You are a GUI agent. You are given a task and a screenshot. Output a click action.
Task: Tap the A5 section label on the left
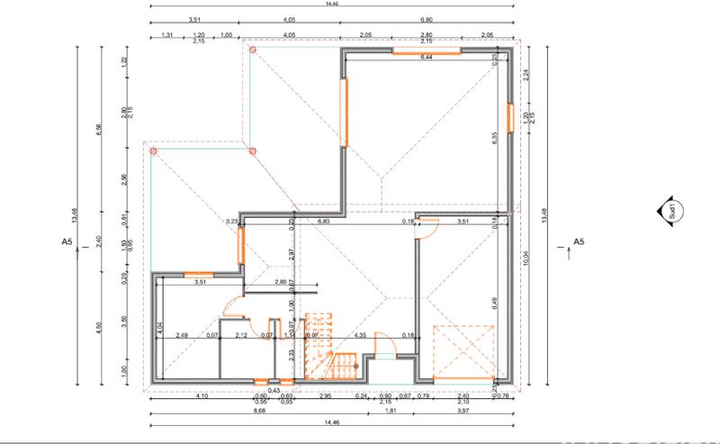[x=66, y=242]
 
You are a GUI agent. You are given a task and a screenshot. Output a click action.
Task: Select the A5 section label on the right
[x=579, y=242]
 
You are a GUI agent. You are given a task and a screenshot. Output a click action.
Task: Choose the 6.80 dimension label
[x=325, y=221]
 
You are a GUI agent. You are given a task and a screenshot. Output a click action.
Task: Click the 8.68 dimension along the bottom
[x=234, y=412]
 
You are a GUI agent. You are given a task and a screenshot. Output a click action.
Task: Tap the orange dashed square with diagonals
[x=464, y=350]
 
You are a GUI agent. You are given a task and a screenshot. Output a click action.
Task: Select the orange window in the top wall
[x=426, y=51]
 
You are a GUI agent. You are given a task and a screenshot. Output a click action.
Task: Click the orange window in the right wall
[x=508, y=117]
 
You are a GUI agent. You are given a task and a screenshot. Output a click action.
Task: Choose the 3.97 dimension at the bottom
[x=463, y=412]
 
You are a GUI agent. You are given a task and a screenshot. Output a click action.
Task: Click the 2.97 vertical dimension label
[x=292, y=255]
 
